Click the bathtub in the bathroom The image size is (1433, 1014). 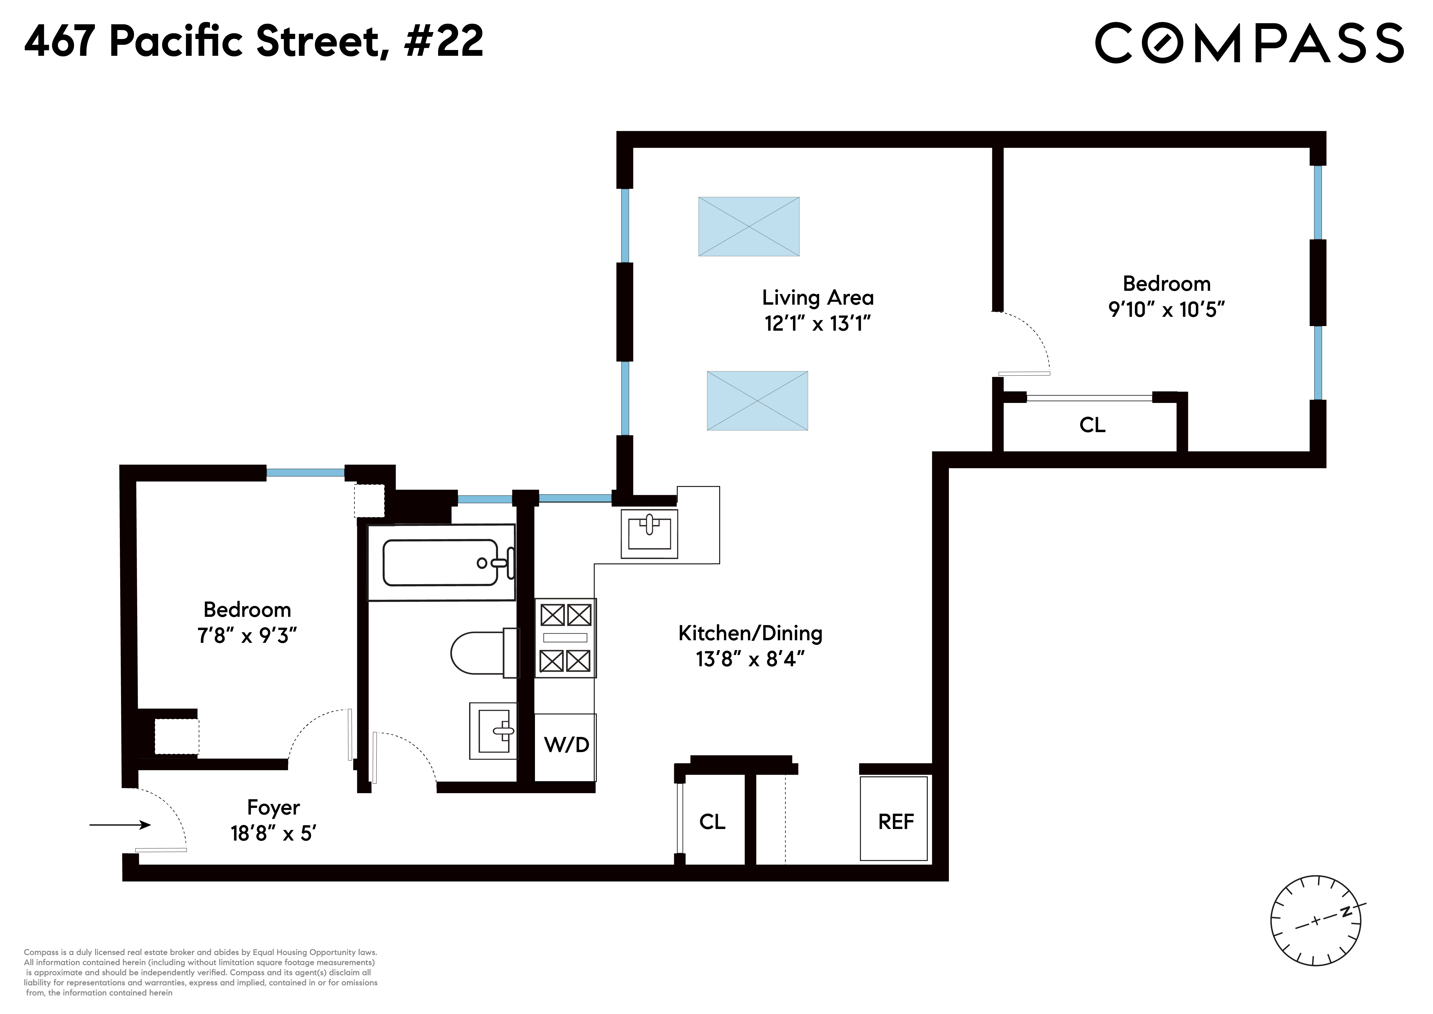(441, 562)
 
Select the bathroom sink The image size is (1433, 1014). (493, 730)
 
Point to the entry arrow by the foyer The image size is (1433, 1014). (120, 825)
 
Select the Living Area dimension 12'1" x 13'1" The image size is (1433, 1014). (817, 323)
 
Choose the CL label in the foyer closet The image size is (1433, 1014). (712, 822)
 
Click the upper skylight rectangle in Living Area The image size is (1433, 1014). (748, 227)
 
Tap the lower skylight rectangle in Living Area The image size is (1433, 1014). (757, 401)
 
